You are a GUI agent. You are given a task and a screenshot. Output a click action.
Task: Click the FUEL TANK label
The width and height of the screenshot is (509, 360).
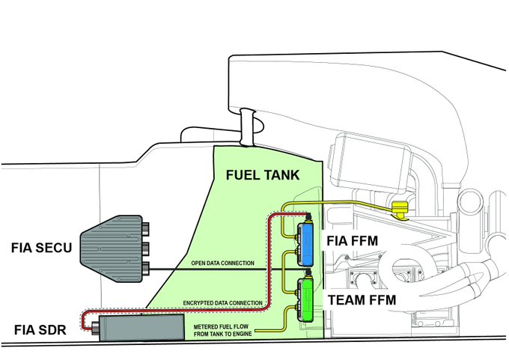coord(263,176)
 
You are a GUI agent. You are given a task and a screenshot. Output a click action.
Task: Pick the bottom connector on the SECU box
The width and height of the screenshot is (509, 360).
coord(144,266)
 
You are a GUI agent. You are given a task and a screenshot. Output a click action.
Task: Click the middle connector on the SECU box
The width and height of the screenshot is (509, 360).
coord(144,245)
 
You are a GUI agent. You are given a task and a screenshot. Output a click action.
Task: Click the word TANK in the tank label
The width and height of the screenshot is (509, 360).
coord(281,176)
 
